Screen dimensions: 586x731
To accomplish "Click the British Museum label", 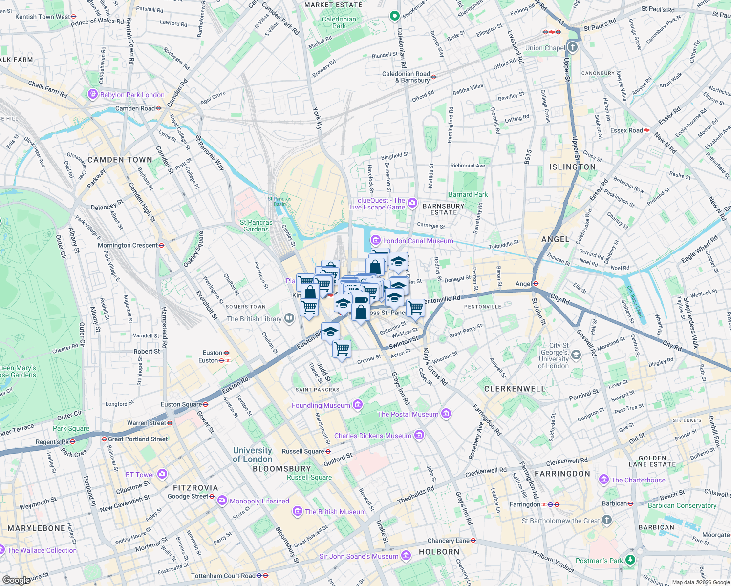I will coord(335,512).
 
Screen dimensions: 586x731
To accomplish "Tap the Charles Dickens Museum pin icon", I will coord(419,435).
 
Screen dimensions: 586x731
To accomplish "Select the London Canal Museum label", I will coord(418,241).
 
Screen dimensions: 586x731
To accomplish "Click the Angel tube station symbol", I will coord(536,284).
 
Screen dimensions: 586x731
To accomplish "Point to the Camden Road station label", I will coord(135,108).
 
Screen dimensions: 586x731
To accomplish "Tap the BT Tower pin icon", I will coord(162,474).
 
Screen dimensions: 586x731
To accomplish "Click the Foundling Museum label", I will coord(321,405).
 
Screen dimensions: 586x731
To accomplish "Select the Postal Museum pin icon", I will coord(446,414).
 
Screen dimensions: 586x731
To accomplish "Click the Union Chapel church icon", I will coord(573,48).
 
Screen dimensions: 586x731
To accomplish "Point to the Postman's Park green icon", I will coord(630,560).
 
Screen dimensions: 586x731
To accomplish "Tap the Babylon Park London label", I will coord(132,95).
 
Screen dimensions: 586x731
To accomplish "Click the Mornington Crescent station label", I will coord(128,245).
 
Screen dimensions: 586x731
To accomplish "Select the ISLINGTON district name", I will coord(572,167).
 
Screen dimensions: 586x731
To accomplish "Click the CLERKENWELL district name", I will coord(514,389).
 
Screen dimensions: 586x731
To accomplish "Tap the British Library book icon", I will coord(289,319).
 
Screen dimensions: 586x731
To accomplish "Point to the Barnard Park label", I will coord(468,194).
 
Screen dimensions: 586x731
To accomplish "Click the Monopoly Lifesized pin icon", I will coord(222,501).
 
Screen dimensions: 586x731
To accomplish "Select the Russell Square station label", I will coord(303,451).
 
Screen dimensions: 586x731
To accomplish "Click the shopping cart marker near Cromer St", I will coord(342,349).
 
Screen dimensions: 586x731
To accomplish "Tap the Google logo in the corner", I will coord(17,580).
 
